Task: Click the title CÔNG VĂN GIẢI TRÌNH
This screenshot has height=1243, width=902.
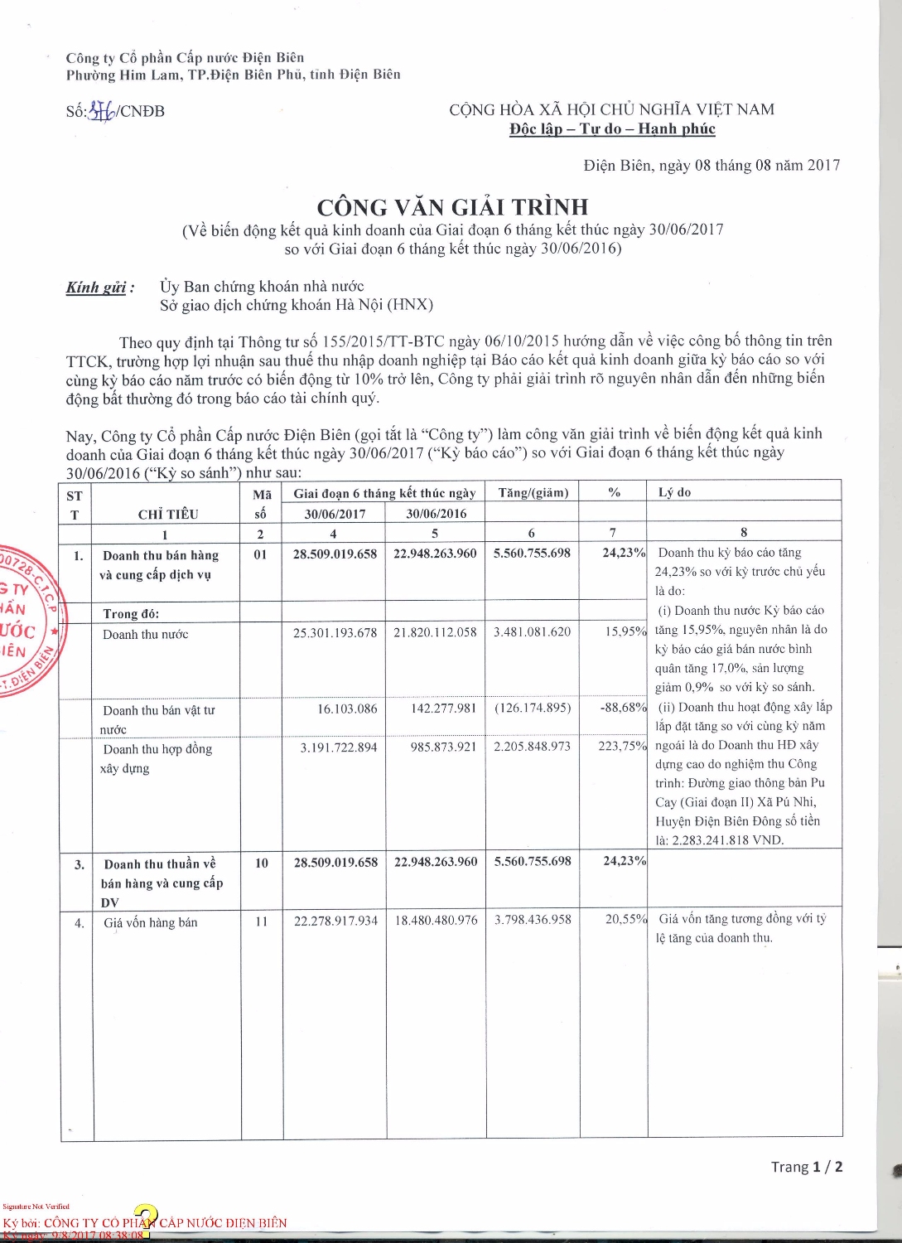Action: coord(452,206)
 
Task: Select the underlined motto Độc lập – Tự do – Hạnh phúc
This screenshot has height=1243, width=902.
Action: coord(612,129)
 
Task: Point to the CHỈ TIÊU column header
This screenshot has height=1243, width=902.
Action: coord(167,514)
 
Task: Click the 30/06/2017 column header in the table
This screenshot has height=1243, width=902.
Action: coord(335,514)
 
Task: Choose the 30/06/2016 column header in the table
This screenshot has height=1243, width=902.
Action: coord(436,514)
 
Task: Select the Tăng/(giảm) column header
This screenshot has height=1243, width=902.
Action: coord(533,492)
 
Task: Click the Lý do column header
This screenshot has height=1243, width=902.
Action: coord(674,492)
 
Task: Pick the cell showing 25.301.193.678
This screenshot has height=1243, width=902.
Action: coord(335,632)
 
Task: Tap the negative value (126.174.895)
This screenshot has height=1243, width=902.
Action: coord(533,708)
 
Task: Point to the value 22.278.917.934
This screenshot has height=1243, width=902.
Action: coord(335,920)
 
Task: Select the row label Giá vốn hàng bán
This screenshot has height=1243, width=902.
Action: coord(150,922)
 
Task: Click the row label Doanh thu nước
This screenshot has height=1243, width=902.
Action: coord(145,634)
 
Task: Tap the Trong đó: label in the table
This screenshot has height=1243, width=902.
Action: coord(131,613)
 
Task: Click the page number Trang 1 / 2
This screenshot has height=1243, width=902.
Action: coord(806,1167)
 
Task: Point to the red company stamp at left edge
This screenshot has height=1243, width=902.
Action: coord(23,621)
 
